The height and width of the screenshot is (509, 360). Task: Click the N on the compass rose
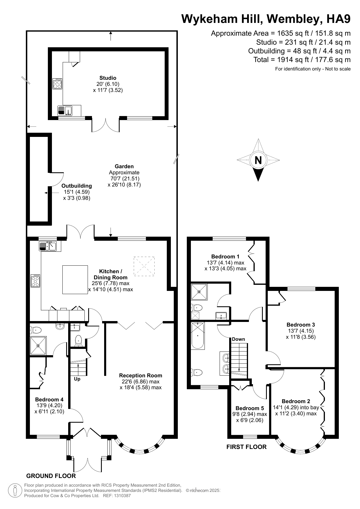click(258, 160)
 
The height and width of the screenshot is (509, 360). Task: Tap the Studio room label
click(108, 78)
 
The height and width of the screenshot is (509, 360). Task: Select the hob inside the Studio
click(57, 84)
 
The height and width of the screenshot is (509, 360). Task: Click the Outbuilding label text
click(77, 186)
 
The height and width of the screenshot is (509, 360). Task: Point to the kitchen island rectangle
click(75, 280)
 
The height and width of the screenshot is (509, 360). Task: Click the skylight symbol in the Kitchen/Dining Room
click(144, 266)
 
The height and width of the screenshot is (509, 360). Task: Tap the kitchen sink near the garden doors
click(48, 246)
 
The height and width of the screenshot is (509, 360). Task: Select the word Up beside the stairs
click(77, 379)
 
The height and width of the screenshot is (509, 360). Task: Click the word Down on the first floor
click(238, 339)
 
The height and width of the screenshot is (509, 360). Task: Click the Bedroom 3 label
click(301, 325)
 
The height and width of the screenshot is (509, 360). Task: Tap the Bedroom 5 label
click(249, 408)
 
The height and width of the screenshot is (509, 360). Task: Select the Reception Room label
click(140, 375)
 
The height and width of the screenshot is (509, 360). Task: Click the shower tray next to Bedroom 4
click(38, 345)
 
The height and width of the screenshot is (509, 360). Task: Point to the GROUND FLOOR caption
click(51, 476)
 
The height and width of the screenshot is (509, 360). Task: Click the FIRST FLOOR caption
click(246, 447)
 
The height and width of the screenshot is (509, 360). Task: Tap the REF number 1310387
click(123, 496)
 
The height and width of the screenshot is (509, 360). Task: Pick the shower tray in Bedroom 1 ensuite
click(199, 292)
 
